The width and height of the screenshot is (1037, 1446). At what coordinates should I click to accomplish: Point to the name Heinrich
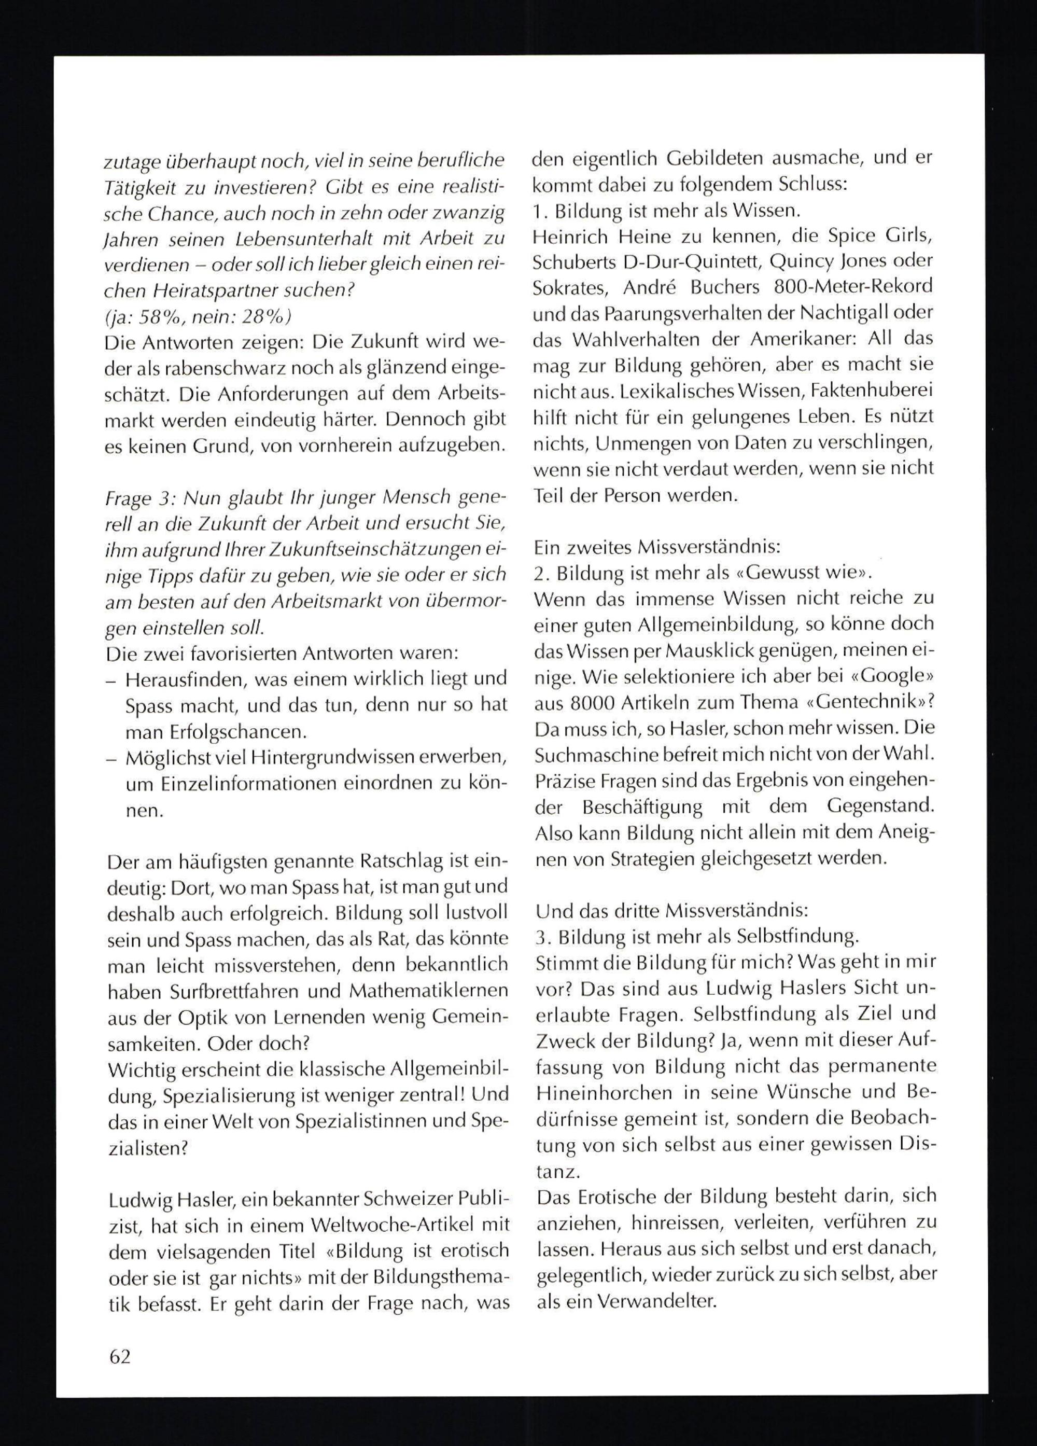click(x=568, y=237)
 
